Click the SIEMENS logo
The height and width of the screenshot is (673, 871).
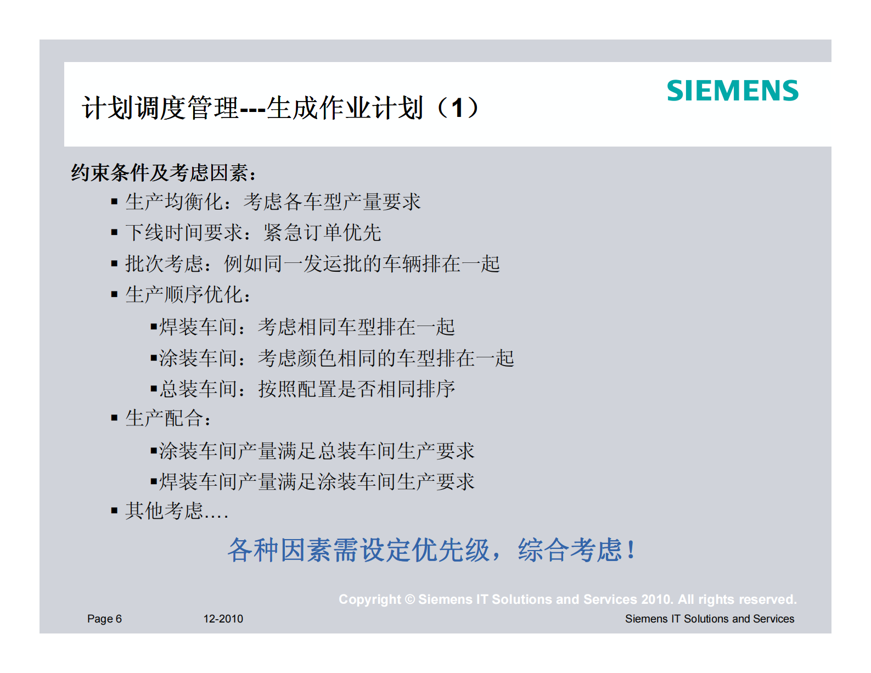(732, 91)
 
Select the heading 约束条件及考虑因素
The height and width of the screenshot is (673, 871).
(163, 173)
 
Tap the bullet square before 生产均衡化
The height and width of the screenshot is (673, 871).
(114, 202)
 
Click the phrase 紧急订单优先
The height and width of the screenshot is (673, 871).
(322, 233)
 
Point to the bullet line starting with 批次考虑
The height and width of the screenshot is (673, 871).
(312, 264)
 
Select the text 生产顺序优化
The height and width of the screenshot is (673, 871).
(184, 295)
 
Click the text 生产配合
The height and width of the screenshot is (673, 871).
(164, 418)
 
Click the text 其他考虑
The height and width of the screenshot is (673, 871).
(164, 511)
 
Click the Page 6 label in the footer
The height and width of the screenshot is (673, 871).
(104, 619)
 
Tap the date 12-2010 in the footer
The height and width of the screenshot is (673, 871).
(223, 619)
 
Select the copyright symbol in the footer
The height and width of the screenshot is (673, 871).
(409, 599)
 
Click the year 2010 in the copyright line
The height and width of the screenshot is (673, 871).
(656, 599)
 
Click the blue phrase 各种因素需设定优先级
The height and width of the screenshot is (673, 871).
(358, 550)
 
